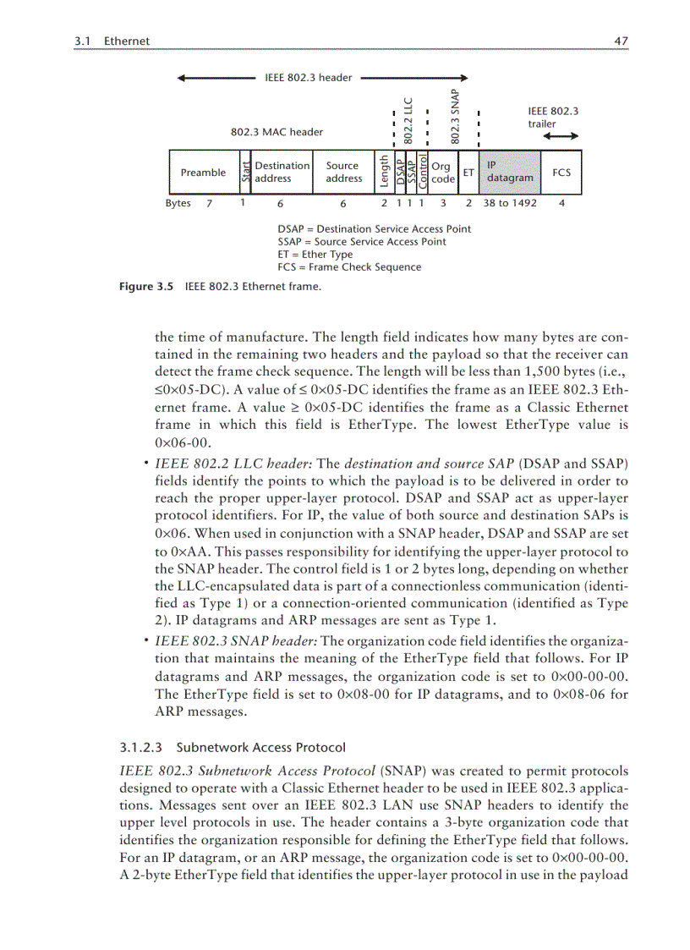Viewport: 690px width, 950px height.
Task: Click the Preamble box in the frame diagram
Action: click(x=203, y=173)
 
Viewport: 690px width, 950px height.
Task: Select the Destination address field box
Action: click(x=282, y=173)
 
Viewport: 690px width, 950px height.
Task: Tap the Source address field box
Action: click(x=343, y=173)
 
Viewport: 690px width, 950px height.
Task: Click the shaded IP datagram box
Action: click(x=510, y=173)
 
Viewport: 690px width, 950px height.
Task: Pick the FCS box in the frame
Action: click(x=561, y=173)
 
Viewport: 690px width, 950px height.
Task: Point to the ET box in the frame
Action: click(x=468, y=173)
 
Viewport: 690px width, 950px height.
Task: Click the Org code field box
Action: click(x=443, y=173)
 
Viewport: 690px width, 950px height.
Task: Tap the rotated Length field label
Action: click(x=385, y=173)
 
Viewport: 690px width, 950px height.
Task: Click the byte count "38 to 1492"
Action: click(x=510, y=203)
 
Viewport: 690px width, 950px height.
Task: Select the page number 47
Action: click(x=622, y=41)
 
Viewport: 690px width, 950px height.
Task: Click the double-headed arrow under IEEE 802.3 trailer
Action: click(x=561, y=136)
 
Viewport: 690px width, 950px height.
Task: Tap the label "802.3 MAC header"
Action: click(x=277, y=132)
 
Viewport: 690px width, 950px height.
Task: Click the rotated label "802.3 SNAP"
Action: click(x=455, y=116)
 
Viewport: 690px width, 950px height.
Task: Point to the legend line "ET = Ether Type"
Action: click(x=315, y=255)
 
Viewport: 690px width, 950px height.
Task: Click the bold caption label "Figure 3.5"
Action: click(x=145, y=287)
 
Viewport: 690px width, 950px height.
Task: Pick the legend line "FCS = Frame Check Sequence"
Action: click(x=348, y=267)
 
